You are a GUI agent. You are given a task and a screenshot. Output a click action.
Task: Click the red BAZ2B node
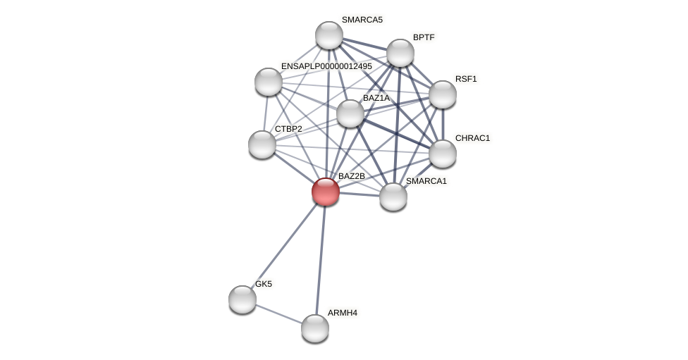(x=326, y=192)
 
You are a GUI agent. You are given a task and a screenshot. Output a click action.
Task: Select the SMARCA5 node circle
(x=329, y=35)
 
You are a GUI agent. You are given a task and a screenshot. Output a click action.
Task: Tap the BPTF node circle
(x=400, y=53)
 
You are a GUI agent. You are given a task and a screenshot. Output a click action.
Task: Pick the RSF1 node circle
(x=443, y=94)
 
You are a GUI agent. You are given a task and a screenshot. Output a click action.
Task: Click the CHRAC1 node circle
(x=443, y=154)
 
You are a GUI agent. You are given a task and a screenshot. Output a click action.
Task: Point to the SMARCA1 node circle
(x=393, y=197)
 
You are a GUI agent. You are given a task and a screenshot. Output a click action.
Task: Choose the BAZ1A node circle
(x=350, y=113)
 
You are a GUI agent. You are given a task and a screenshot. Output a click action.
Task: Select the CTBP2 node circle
(x=262, y=144)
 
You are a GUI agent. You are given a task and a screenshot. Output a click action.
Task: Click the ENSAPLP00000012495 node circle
(x=269, y=82)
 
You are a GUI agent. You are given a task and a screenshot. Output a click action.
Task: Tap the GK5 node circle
(x=242, y=299)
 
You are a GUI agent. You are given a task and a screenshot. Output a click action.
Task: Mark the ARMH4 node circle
(x=315, y=328)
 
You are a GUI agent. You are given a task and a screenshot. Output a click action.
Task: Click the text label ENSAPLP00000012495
(x=326, y=66)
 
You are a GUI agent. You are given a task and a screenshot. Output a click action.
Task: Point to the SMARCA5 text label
(x=362, y=20)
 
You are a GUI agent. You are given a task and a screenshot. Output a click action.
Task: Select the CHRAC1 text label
(x=472, y=138)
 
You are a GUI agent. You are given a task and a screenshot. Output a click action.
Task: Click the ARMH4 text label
(x=342, y=313)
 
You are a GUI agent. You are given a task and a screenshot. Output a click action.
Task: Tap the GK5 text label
(x=264, y=284)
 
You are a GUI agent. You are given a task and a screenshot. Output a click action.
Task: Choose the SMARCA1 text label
(x=426, y=181)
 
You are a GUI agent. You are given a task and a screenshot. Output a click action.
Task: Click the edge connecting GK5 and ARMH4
(x=278, y=314)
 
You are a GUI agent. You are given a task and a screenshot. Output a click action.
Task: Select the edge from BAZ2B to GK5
(x=284, y=245)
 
